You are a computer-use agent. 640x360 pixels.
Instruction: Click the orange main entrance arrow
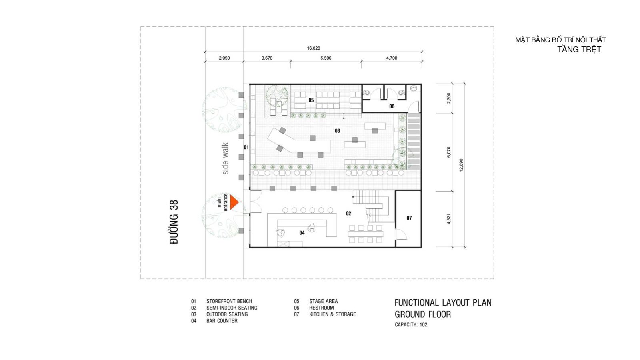pos(234,202)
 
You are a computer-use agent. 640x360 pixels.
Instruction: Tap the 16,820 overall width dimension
pos(314,48)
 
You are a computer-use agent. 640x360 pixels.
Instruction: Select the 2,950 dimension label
pos(224,58)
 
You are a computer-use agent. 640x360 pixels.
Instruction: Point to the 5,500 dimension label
pos(326,58)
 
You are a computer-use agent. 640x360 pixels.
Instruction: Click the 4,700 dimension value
pos(392,58)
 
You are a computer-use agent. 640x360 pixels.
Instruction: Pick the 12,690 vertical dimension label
pos(461,165)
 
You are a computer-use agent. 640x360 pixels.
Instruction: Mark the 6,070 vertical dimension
pos(448,152)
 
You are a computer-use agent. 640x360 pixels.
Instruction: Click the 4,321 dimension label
pos(448,219)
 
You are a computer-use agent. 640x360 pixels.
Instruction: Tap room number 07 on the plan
pos(409,218)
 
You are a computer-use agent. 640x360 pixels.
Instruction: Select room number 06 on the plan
pos(392,106)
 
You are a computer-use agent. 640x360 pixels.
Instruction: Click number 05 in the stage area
pos(311,100)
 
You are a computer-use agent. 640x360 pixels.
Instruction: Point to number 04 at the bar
pos(302,233)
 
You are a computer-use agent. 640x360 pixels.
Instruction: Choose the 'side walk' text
pos(226,158)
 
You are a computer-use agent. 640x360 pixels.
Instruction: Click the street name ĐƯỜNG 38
pos(174,222)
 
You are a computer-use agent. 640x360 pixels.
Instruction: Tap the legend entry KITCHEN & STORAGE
pos(332,314)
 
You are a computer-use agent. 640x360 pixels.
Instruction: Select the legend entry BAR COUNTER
pos(222,321)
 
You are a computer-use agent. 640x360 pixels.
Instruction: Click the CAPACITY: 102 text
pos(411,324)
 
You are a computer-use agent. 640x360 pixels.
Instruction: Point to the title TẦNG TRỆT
pos(579,50)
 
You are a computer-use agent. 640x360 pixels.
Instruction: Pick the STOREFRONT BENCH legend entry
pos(229,301)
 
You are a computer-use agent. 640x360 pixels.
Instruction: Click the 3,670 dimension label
pos(267,58)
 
